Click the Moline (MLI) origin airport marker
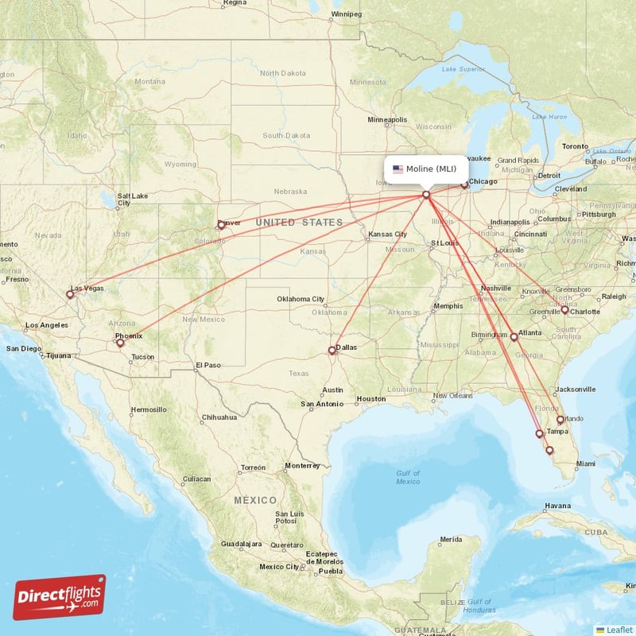426,194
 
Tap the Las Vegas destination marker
70,294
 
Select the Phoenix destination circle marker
120,343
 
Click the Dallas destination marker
333,351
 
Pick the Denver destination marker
221,225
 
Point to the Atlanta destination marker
514,337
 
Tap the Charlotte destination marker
564,310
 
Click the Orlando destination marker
560,420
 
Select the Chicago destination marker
464,186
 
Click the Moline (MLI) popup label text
431,169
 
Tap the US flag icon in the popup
397,169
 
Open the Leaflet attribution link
619,629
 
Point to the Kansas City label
387,235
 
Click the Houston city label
370,398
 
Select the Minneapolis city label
387,119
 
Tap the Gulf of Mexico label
408,477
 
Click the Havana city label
557,506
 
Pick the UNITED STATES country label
299,223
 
